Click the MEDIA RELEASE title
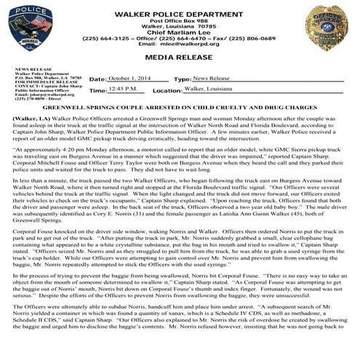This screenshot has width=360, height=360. (179, 55)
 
